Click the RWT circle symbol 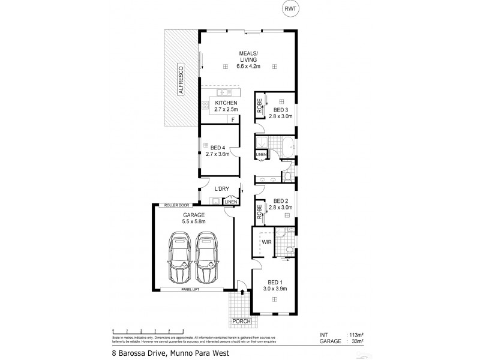[290, 10]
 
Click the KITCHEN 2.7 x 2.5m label [227, 106]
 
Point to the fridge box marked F [232, 120]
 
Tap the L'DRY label [223, 190]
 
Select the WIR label [266, 242]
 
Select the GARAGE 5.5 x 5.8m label [194, 218]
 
